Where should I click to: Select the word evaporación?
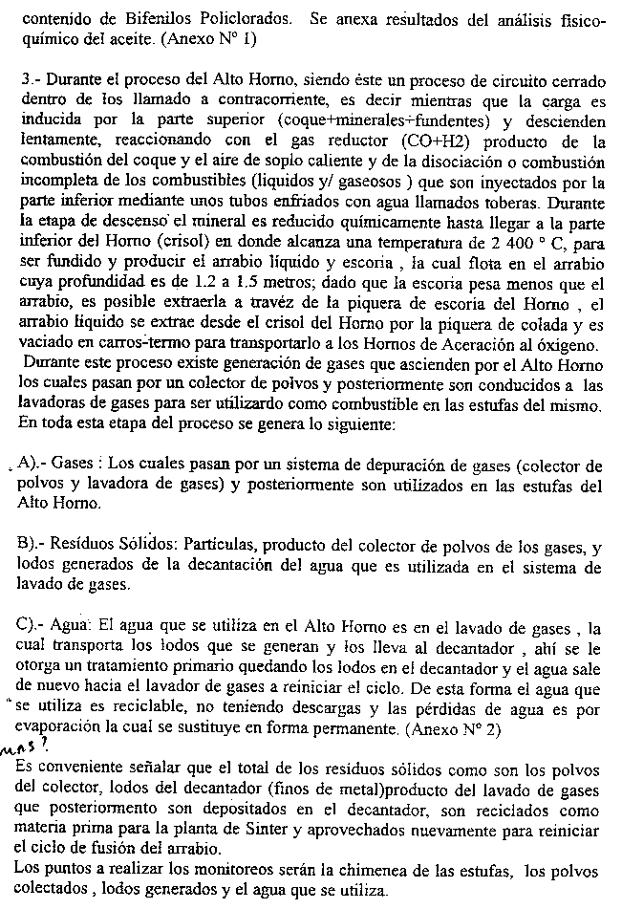(61, 728)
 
